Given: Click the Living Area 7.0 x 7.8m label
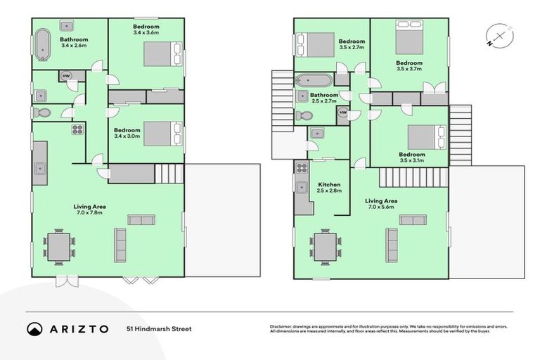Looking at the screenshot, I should [91, 210].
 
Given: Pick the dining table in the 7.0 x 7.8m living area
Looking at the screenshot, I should [58, 246].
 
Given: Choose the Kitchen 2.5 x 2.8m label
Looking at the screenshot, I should [328, 188].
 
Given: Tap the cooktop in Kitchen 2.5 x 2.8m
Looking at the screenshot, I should [302, 168].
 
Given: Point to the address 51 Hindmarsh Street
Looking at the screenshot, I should [159, 328].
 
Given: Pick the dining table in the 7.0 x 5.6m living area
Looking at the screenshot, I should [324, 246].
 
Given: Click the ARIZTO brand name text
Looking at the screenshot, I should [79, 328].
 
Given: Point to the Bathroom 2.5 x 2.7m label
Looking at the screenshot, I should [325, 98].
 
